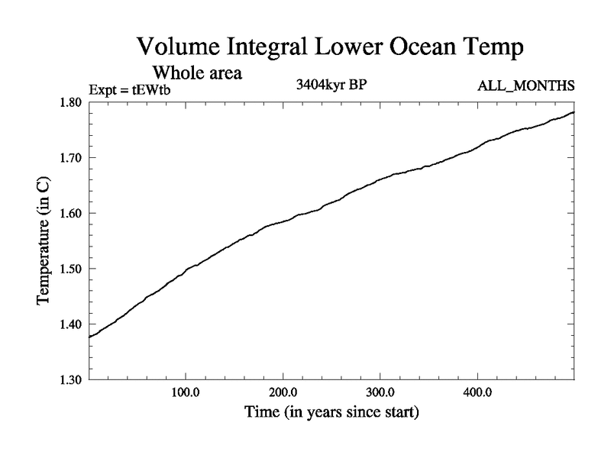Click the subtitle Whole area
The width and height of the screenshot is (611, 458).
[198, 74]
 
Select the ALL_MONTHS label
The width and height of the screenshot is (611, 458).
[525, 85]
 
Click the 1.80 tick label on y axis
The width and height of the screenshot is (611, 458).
[72, 102]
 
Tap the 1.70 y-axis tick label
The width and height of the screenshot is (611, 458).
[72, 158]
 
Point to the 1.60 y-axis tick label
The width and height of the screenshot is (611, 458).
[72, 214]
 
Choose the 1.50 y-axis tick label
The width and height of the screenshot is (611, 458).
[72, 269]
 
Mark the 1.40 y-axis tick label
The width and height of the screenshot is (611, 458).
[72, 324]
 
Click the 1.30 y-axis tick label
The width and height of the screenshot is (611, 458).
[72, 379]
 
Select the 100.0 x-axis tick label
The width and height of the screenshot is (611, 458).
[186, 394]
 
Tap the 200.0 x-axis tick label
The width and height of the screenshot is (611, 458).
[283, 394]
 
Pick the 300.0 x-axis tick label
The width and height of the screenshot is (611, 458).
[380, 394]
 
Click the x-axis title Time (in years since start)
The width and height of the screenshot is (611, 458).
[331, 413]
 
